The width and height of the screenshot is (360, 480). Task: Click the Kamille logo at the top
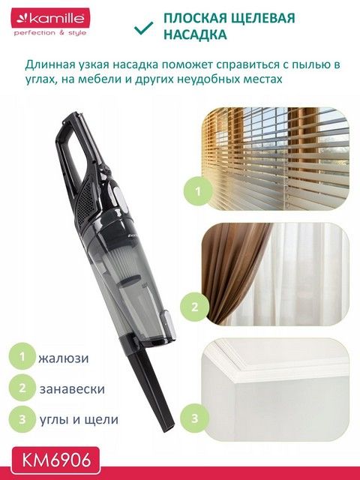tap(50, 19)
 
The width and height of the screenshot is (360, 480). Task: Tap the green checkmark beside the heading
tap(143, 28)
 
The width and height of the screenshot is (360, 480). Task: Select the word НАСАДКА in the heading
tap(195, 34)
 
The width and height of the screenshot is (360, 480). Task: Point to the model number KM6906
tap(56, 460)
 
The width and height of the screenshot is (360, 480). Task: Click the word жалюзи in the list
tap(63, 358)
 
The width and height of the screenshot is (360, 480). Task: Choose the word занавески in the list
tap(72, 388)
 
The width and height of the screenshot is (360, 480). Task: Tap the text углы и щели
tap(79, 419)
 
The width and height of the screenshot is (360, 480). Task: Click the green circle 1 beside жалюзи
tap(22, 356)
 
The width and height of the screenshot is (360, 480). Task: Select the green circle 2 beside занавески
tap(22, 388)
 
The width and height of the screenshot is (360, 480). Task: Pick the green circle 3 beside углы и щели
tap(22, 419)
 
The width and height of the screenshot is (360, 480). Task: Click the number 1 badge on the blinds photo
tap(198, 192)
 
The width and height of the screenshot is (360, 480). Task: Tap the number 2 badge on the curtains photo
tap(195, 307)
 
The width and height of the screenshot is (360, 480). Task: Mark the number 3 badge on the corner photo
tap(195, 418)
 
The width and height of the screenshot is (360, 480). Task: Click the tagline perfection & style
tap(50, 33)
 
